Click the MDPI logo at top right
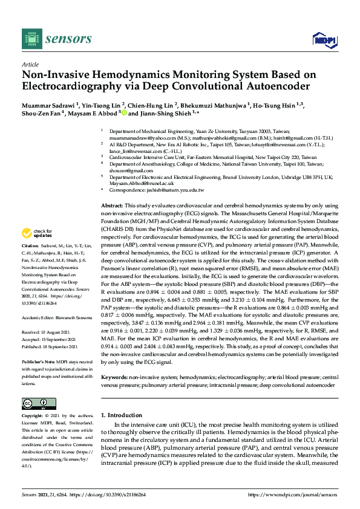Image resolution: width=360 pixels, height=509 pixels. (x=323, y=39)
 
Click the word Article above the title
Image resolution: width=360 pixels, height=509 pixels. (x=30, y=63)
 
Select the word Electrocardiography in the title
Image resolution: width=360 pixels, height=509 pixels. (x=71, y=86)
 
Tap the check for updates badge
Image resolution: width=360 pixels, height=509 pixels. (x=38, y=233)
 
